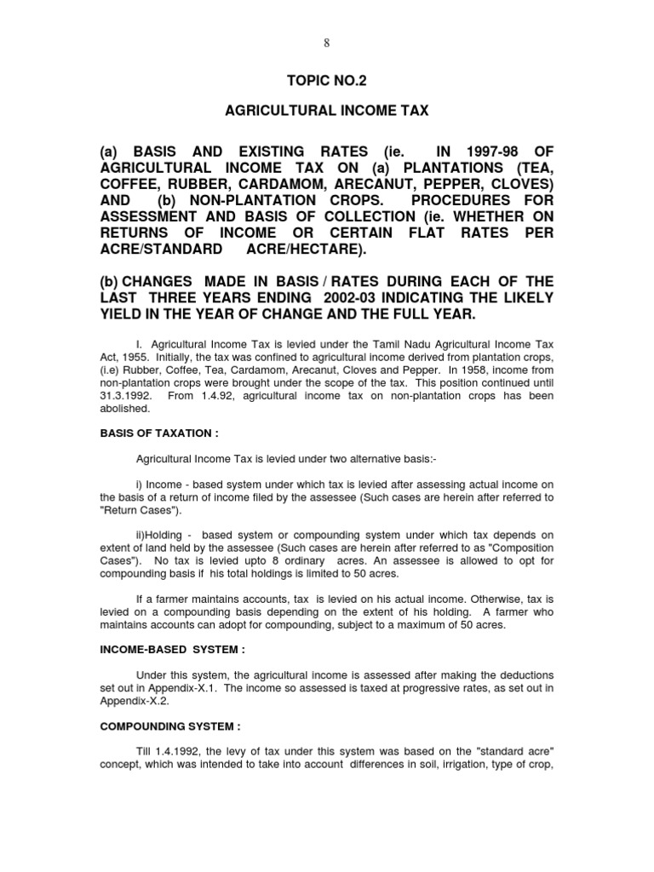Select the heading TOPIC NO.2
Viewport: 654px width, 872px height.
pos(327,81)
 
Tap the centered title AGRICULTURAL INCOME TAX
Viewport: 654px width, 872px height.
pos(326,112)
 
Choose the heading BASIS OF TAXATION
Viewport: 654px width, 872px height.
pos(159,433)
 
